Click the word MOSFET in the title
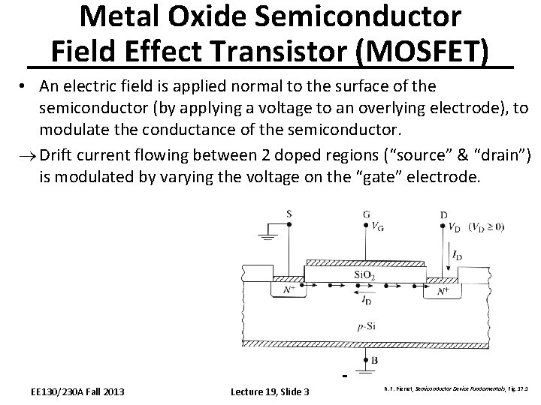coord(428,51)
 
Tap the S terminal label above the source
coord(289,214)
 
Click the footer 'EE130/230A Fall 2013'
coord(77,391)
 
